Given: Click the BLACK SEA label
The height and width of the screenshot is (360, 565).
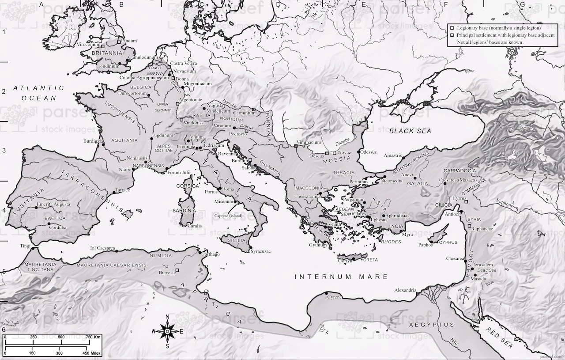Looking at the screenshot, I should point(410,131).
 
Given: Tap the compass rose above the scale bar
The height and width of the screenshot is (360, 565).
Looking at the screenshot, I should point(167,331).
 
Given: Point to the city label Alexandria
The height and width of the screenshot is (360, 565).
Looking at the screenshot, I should point(405,290).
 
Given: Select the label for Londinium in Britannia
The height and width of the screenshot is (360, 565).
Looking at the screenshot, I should point(108,66).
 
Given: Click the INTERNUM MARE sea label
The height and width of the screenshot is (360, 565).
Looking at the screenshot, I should point(341,277).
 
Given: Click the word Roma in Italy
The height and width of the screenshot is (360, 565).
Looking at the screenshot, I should point(228,189).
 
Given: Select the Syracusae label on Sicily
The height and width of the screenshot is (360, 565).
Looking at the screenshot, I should point(260,251).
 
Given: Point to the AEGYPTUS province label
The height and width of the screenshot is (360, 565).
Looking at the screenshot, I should point(431,325).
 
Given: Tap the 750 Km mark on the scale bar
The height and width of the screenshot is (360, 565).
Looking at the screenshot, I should point(94,337).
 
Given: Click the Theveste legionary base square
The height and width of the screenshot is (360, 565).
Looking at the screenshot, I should point(177,270).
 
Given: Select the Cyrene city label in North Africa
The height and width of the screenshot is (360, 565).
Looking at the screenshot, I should point(334,297).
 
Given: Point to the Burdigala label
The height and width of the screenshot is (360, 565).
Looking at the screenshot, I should point(93,142).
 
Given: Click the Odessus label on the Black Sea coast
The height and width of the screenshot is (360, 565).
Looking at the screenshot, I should point(369,152).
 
